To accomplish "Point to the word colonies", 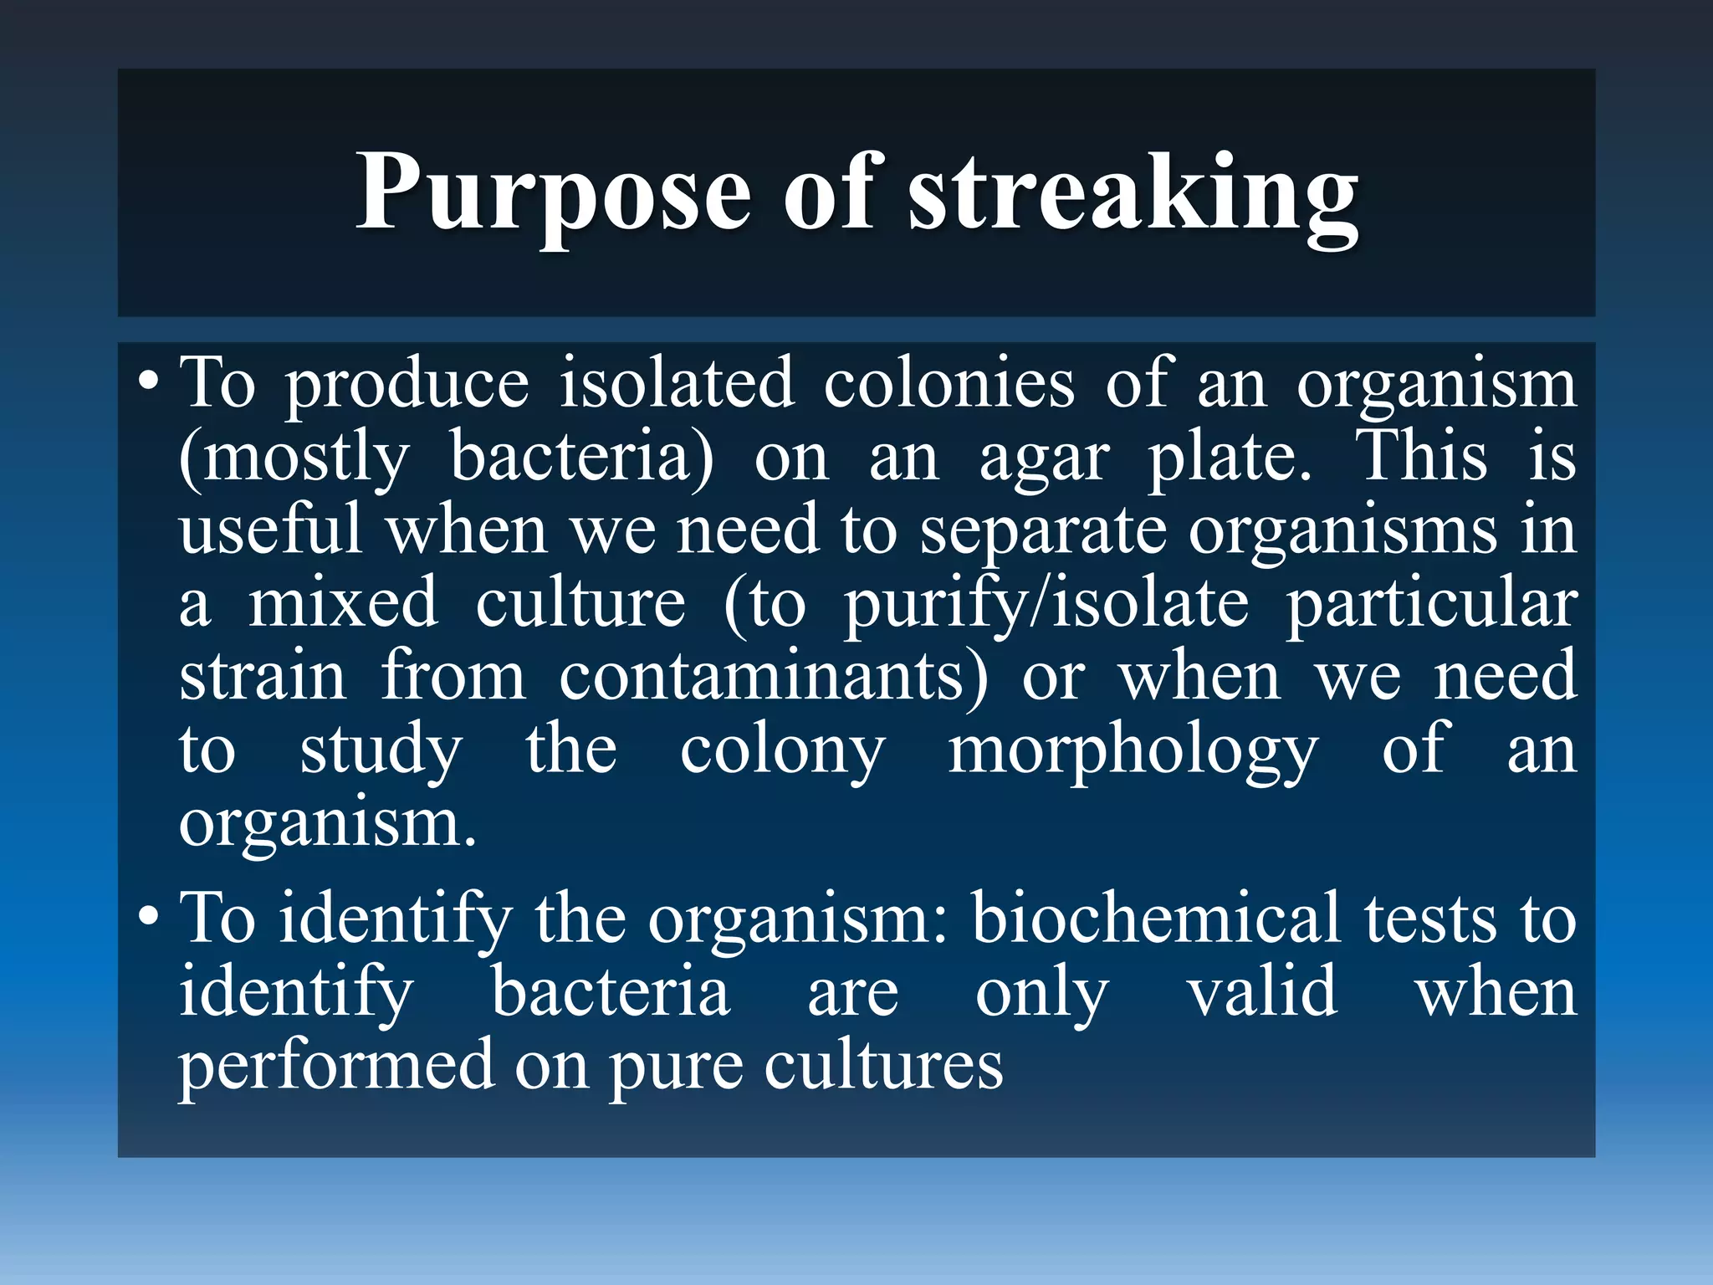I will [949, 384].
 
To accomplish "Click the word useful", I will [270, 530].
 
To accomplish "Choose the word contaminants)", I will [774, 676].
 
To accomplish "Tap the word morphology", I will [1133, 750].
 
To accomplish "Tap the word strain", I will [263, 676].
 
